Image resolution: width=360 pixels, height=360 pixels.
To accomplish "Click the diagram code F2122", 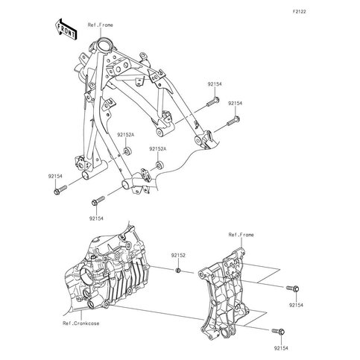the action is [299, 12].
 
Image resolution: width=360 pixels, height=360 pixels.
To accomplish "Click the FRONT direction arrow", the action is [66, 29].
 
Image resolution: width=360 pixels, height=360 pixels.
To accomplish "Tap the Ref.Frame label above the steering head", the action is [100, 25].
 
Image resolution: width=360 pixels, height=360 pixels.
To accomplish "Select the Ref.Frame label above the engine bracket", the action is [241, 235].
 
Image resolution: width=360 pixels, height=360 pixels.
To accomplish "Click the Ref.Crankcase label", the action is [81, 323].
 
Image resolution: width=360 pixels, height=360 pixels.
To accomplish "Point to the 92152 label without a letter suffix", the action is [178, 255].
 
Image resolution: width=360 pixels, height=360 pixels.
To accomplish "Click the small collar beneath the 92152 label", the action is [178, 271].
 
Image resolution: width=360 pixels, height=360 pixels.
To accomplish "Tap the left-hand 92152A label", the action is [126, 135].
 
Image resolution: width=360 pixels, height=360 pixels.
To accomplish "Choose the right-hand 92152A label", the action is [158, 149].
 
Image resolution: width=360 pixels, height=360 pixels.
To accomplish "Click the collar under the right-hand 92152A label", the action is [159, 165].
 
